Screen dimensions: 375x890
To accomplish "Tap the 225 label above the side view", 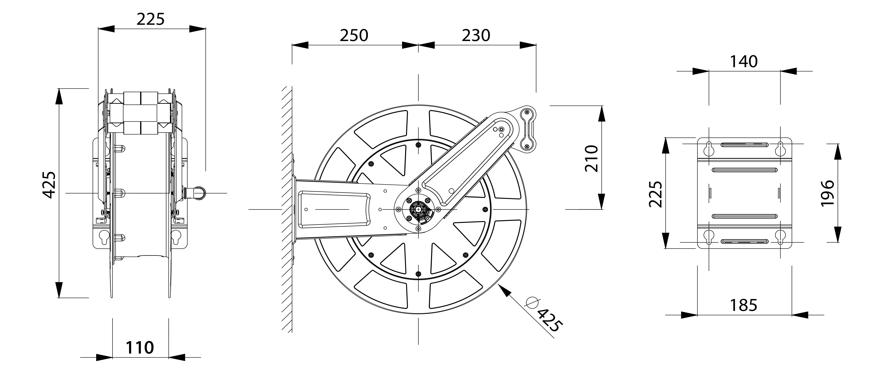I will click(x=150, y=19).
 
